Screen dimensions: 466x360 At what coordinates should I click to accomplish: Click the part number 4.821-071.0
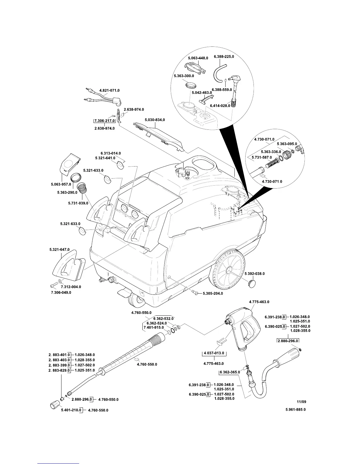pos(110,91)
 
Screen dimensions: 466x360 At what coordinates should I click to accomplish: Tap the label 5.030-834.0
pos(155,120)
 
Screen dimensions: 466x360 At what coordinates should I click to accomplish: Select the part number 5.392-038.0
pos(255,274)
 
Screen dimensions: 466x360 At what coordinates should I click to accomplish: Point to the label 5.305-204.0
pos(213,293)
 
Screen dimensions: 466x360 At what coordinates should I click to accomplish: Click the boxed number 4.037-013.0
pos(214,353)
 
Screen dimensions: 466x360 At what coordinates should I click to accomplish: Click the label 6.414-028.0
pos(220,106)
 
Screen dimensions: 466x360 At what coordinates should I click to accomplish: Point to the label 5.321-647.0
pos(59,250)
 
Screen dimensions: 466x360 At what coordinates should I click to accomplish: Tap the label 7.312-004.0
pos(71,287)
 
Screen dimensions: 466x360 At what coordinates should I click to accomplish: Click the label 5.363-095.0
pos(287,144)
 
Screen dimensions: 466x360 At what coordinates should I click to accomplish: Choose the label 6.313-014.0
pos(111,153)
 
